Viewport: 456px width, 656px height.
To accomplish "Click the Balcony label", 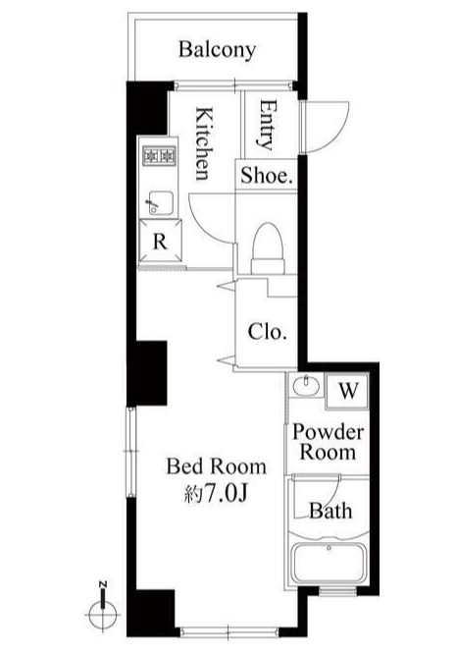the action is click(217, 50).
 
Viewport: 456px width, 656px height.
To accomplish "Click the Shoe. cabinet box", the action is click(266, 175).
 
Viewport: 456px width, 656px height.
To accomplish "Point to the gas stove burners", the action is click(159, 156).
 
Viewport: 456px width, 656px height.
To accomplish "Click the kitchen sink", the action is click(160, 203).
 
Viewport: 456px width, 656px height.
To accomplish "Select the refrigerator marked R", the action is click(161, 242).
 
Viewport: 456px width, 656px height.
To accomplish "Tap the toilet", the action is click(268, 248).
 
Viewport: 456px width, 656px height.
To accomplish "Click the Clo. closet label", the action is click(267, 332).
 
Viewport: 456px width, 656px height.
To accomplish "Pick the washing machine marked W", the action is click(348, 391).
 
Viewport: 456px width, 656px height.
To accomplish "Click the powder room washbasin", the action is click(306, 385).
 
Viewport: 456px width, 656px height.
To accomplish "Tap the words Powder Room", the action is click(329, 442).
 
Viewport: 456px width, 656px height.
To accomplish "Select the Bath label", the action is click(330, 511).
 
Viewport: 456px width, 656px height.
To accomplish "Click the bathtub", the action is click(329, 563).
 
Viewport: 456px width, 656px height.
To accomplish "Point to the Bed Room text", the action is click(216, 466).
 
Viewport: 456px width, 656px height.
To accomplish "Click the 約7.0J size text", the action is click(217, 494).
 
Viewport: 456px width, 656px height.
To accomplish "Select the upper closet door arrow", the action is click(227, 286).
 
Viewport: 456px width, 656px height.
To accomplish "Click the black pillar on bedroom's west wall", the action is click(147, 373).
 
